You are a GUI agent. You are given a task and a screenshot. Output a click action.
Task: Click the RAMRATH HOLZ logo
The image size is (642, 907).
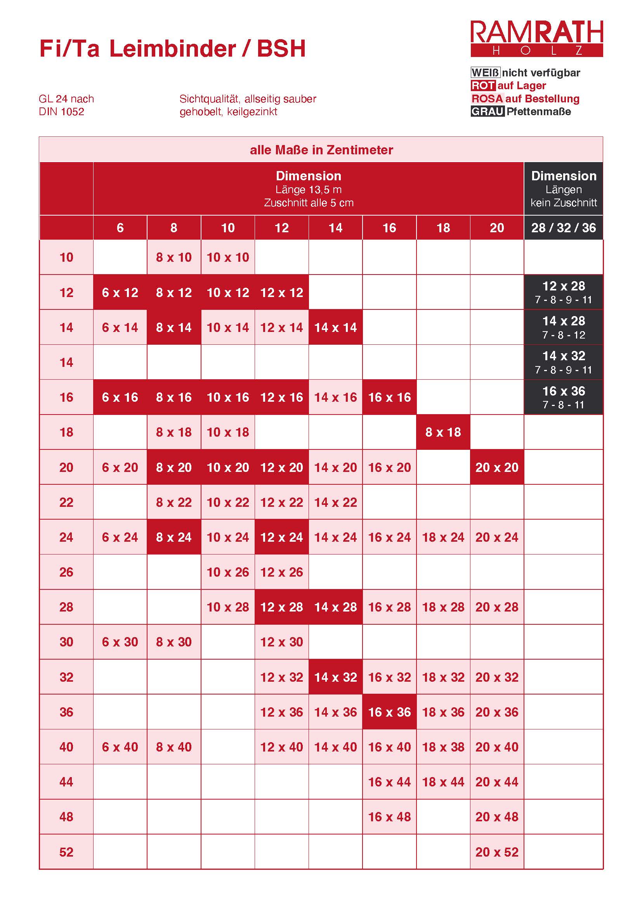(x=536, y=38)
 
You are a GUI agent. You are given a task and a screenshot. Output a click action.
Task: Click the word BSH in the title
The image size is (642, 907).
(x=281, y=49)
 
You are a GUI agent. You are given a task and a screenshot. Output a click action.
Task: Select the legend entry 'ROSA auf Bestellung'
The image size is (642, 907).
(x=526, y=99)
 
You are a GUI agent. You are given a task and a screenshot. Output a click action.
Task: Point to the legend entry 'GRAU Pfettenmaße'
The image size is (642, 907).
(x=521, y=112)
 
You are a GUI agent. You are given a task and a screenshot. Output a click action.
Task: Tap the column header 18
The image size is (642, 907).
(x=443, y=228)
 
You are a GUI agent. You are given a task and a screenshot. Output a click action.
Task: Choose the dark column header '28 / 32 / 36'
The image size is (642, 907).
(x=563, y=228)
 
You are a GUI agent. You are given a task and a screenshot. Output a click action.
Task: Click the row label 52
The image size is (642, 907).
(x=66, y=852)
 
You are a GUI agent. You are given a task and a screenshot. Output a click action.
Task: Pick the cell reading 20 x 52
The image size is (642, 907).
(x=496, y=852)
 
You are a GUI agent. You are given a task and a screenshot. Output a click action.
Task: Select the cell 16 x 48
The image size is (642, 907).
(x=389, y=817)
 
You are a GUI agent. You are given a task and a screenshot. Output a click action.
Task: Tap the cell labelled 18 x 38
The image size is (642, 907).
(x=443, y=747)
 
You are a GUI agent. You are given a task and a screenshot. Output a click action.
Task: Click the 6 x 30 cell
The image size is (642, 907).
(x=120, y=642)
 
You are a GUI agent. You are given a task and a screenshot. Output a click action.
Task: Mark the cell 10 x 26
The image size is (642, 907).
(x=228, y=572)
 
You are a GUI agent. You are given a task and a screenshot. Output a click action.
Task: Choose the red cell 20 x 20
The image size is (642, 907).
(x=496, y=467)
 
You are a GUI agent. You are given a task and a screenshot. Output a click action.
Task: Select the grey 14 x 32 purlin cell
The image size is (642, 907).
(x=563, y=362)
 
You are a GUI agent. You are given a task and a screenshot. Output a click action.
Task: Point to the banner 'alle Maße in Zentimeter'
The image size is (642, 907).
(x=321, y=150)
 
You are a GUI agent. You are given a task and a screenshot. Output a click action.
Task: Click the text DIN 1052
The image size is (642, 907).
(x=62, y=112)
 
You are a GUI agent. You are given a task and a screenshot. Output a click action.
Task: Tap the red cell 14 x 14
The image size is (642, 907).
(x=335, y=328)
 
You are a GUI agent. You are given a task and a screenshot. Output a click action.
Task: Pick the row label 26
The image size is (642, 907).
(x=66, y=572)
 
